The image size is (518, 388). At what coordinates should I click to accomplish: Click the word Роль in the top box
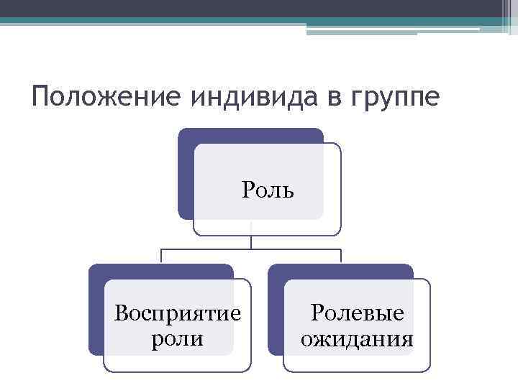268,190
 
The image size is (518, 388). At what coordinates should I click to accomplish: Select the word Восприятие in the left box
178,314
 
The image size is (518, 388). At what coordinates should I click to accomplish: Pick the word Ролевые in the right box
357,313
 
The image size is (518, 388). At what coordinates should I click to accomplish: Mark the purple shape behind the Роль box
185,172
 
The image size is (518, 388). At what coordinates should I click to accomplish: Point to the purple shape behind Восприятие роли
96,309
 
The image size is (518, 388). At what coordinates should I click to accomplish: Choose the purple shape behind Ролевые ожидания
276,309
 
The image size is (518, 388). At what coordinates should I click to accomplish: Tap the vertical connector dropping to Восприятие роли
161,257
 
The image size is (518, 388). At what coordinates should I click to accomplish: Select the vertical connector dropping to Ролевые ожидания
340,257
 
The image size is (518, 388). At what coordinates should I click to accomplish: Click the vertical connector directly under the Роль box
250,241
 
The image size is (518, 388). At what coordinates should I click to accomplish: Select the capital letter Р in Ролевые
317,313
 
